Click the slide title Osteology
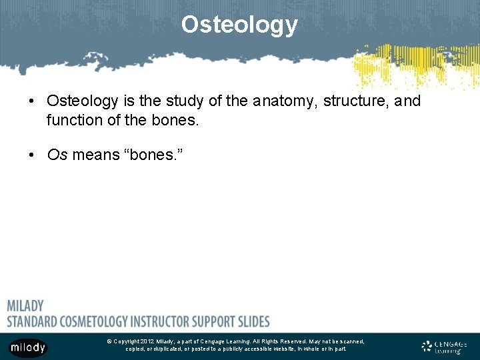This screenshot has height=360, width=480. point(239,25)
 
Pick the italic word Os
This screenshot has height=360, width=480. point(57,155)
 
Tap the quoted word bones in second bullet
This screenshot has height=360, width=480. point(155,155)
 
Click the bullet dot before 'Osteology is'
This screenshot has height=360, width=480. point(31,101)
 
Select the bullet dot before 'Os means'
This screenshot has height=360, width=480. point(31,156)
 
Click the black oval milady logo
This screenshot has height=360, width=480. point(27,347)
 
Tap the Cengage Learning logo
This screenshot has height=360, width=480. point(444,347)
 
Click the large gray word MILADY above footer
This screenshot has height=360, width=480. point(25,306)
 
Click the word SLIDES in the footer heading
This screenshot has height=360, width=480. point(253,321)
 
